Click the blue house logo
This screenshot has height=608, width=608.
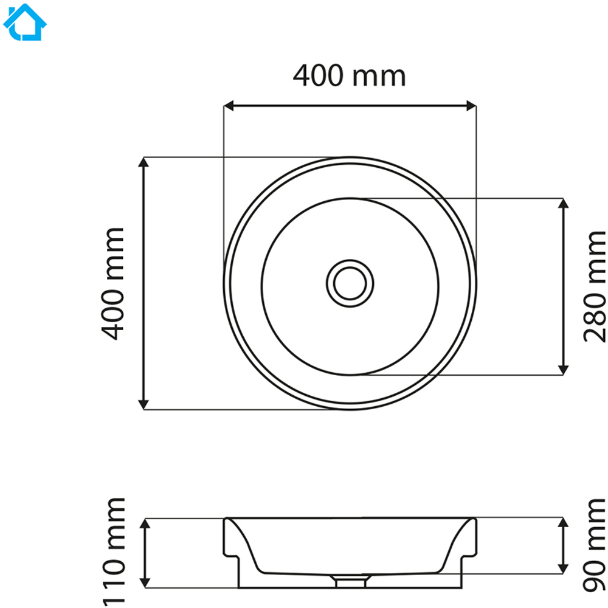(x=25, y=22)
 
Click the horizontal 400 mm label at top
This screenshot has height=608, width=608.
(x=350, y=75)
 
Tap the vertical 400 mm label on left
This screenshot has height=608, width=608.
(x=112, y=284)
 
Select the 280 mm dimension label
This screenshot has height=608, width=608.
(x=594, y=286)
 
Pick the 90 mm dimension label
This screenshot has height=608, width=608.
(x=594, y=545)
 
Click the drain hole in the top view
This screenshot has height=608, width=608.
(x=350, y=283)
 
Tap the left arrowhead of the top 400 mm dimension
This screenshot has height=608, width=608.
(x=229, y=105)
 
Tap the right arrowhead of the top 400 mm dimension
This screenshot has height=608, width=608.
(x=471, y=105)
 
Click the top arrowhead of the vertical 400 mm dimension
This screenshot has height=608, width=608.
(x=143, y=162)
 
